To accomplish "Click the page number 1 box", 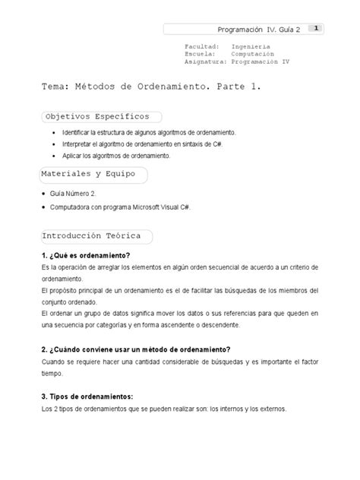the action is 315,29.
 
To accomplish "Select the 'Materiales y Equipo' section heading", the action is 90,174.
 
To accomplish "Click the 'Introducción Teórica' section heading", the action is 93,237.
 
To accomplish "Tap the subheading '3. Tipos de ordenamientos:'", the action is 87,397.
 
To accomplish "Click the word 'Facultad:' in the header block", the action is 201,46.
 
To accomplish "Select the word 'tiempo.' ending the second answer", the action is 52,374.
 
